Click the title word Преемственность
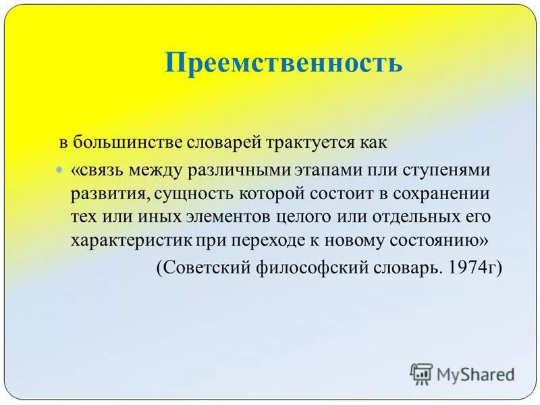click(x=283, y=63)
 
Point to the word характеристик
click(x=129, y=241)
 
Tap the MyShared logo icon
click(x=421, y=373)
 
